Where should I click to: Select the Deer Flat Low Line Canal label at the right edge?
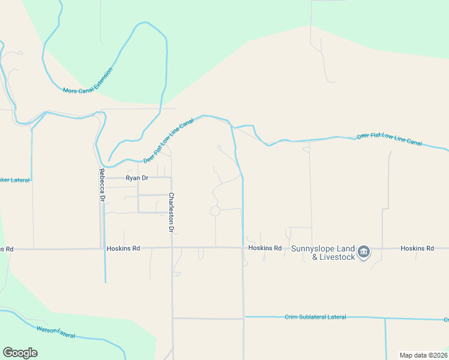pyautogui.click(x=390, y=140)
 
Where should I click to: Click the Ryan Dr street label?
pyautogui.click(x=136, y=178)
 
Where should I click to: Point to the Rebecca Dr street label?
pyautogui.click(x=103, y=184)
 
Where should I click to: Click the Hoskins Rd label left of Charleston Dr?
pyautogui.click(x=123, y=248)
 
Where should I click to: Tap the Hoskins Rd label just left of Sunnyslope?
pyautogui.click(x=265, y=248)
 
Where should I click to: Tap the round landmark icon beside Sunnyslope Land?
pyautogui.click(x=363, y=253)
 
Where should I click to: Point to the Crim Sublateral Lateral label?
pyautogui.click(x=315, y=317)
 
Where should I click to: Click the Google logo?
pyautogui.click(x=20, y=353)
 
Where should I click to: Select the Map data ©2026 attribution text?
pyautogui.click(x=423, y=355)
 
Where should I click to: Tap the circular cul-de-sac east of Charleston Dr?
pyautogui.click(x=215, y=211)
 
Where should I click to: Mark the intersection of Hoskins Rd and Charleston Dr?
pyautogui.click(x=172, y=248)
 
